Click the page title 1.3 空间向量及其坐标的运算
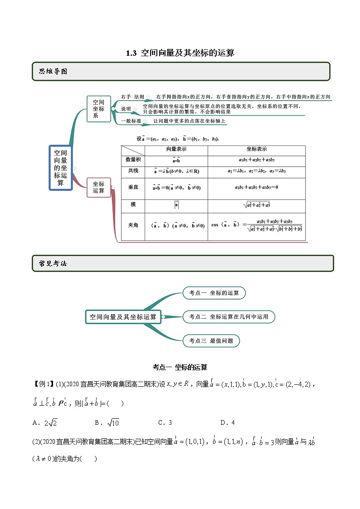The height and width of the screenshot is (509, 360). pos(180,53)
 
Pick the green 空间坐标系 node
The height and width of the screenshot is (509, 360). pos(98,109)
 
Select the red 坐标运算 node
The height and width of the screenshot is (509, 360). pos(98,188)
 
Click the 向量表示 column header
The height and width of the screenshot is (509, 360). pos(176,149)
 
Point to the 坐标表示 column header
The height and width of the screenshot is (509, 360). pos(256,149)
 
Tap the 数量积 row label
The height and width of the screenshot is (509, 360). pos(133,160)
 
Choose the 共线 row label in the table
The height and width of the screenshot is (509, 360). pos(133,170)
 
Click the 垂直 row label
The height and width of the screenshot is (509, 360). pos(133,187)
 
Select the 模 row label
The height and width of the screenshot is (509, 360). pos(133,204)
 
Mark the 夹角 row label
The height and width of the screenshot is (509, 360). pos(133,224)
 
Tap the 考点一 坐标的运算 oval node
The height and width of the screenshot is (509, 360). pos(214,293)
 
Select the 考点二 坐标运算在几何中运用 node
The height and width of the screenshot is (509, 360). pos(229,317)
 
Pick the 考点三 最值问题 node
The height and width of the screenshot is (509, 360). pos(211,340)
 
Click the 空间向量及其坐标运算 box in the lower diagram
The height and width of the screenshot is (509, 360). pos(123,317)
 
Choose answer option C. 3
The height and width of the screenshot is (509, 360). pos(165,422)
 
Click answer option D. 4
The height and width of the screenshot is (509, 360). pos(227,422)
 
